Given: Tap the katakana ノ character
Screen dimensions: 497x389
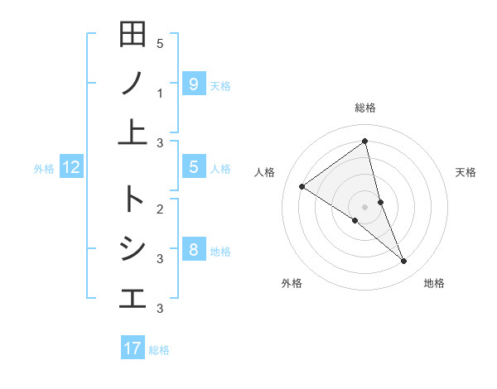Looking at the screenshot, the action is click(x=133, y=83).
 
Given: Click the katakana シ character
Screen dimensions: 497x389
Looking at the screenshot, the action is click(x=133, y=248).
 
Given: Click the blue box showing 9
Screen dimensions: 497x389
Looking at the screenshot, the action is click(x=193, y=84).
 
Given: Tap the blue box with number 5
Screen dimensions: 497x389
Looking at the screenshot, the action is click(x=193, y=167).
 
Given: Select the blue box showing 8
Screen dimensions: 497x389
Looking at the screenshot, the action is click(x=193, y=251).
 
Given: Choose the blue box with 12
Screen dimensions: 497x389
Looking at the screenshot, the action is click(x=71, y=168).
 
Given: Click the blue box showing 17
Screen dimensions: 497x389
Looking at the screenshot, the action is click(x=133, y=348).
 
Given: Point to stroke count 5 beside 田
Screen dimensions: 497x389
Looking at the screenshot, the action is click(x=160, y=43).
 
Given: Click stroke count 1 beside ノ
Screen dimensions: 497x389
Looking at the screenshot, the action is click(x=160, y=94).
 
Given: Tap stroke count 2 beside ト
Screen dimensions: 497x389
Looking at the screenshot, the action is click(x=160, y=208).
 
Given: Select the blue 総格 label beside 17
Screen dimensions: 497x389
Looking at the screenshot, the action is click(x=159, y=350).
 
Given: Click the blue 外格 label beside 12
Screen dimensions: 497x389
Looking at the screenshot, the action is click(x=44, y=169).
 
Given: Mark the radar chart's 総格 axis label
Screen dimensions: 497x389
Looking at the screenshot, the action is click(x=365, y=108).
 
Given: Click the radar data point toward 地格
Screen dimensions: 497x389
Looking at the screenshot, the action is click(x=404, y=262).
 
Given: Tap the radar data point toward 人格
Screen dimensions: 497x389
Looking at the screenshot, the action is click(x=302, y=186).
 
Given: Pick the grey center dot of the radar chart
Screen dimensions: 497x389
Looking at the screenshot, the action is click(x=365, y=206).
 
